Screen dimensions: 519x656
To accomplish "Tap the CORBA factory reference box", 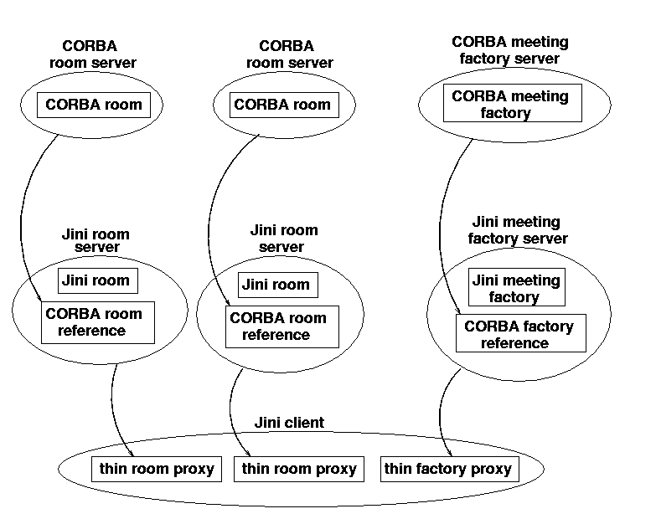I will click(519, 334).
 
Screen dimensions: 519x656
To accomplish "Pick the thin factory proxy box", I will click(448, 469).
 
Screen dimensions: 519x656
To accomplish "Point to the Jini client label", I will click(289, 423).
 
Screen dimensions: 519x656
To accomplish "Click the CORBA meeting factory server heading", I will click(509, 50).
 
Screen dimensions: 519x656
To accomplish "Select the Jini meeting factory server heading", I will click(517, 230).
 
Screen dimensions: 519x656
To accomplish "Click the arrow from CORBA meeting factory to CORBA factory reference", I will click(439, 226).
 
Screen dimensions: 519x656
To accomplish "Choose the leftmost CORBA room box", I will click(94, 105).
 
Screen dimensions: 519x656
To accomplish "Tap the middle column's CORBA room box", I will click(282, 105).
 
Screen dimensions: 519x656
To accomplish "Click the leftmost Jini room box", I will click(97, 280).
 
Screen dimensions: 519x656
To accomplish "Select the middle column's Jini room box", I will click(276, 285).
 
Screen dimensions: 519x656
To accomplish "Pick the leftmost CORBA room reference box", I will click(97, 322).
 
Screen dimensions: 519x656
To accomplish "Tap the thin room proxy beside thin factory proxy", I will click(299, 469).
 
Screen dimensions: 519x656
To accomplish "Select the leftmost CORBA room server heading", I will click(99, 54).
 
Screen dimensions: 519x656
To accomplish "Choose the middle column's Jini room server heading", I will click(284, 239).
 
